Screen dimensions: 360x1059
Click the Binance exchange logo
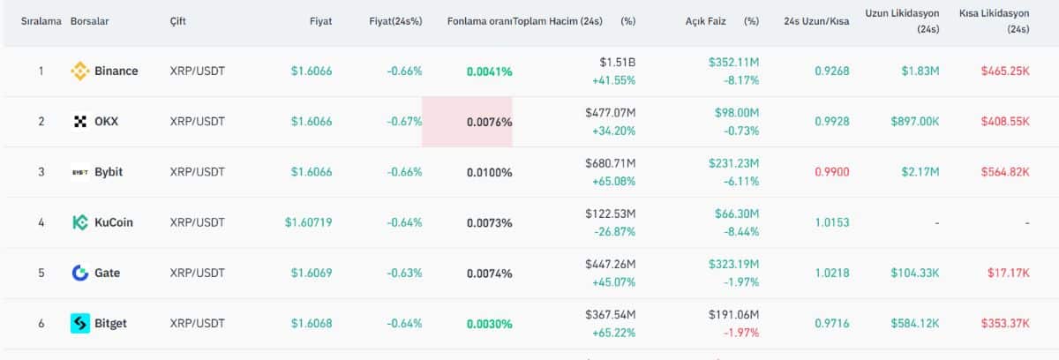pos(80,71)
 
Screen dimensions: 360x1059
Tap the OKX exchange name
pos(106,122)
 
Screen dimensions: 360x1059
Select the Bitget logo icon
pos(80,324)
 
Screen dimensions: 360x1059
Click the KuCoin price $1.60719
pos(308,222)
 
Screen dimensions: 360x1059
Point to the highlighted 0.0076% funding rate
pos(489,123)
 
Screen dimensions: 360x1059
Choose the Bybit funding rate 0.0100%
pos(489,172)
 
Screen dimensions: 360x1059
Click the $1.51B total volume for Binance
pos(617,62)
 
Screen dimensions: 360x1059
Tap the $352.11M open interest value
pos(733,62)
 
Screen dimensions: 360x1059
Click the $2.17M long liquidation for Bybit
pos(922,172)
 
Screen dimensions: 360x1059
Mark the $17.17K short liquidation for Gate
pos(1008,273)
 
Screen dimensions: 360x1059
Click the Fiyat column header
pos(320,21)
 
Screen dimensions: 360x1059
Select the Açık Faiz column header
pos(705,21)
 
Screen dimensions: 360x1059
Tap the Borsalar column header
pos(90,21)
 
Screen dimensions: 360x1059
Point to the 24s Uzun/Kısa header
pos(816,21)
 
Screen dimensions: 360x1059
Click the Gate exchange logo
pos(80,273)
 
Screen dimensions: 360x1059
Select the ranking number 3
pos(41,172)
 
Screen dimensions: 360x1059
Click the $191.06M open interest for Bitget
pos(733,314)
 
